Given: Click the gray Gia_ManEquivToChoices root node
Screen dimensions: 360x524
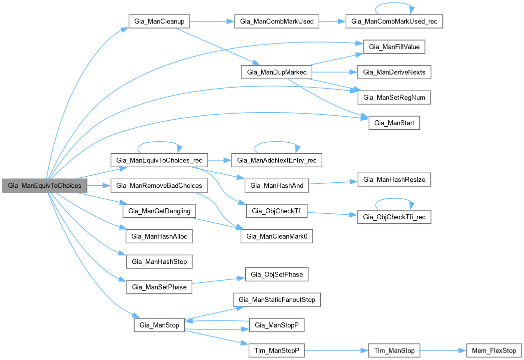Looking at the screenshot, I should [45, 185].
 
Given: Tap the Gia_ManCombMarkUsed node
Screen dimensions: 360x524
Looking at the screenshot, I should [277, 22].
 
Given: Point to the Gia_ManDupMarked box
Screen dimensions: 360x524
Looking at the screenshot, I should [277, 72].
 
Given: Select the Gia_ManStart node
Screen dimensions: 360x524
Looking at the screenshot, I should [394, 122].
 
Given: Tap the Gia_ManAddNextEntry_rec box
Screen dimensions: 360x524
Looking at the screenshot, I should [277, 160].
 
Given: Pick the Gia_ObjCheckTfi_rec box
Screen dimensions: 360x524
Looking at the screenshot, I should [394, 217].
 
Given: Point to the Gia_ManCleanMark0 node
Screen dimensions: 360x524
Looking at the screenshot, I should [277, 236].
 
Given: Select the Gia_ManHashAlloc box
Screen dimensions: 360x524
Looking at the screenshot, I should [159, 236].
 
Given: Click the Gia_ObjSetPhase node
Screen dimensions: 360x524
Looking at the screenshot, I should [276, 274].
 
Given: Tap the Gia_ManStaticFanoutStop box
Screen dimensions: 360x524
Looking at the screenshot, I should [277, 300].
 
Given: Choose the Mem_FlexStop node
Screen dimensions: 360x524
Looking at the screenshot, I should [493, 350].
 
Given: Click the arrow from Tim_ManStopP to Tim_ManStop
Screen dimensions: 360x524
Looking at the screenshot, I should [336, 350].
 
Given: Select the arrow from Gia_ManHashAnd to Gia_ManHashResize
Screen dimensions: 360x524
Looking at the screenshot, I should [332, 182].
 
